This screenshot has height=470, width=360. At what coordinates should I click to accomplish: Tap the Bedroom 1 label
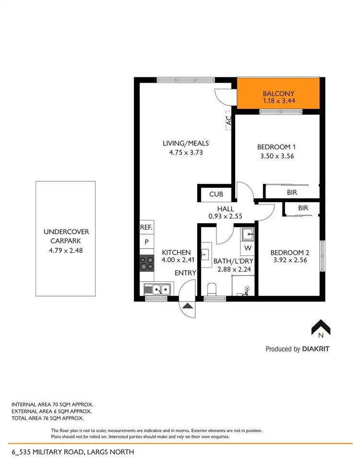point(276,147)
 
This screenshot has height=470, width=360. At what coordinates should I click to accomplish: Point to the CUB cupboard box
point(215,195)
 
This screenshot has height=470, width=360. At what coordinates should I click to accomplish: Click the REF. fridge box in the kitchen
point(146,228)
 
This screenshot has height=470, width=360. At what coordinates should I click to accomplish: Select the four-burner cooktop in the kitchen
point(146,263)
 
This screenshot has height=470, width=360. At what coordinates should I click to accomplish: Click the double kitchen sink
point(157,289)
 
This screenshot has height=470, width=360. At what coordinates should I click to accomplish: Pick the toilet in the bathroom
point(211,289)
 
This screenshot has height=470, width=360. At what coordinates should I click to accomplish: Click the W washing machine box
point(248,248)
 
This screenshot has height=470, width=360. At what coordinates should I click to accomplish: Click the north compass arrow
point(321,327)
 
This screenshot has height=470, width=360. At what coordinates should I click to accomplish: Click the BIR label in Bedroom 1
point(291,192)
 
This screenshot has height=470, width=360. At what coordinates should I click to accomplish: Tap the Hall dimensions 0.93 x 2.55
point(225,217)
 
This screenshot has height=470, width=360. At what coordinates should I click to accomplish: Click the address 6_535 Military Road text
point(72,452)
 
